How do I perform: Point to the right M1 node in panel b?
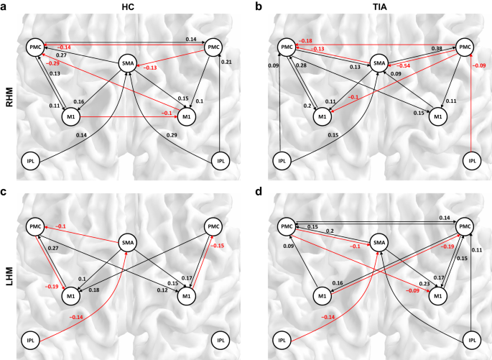438,118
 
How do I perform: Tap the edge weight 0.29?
171,135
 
